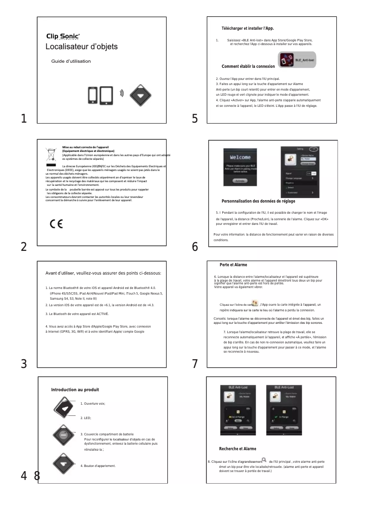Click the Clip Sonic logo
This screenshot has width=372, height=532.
(63, 36)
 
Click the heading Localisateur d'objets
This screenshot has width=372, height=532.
(81, 47)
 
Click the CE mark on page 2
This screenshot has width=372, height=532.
(56, 224)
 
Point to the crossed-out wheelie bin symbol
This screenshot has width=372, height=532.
(51, 154)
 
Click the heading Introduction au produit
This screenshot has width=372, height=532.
(75, 389)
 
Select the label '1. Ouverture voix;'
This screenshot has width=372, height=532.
(93, 404)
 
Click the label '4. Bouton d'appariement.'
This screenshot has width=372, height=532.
(98, 465)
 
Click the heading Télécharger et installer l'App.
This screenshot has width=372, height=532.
(248, 29)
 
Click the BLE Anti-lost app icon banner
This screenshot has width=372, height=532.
(297, 60)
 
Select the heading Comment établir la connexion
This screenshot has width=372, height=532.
(248, 66)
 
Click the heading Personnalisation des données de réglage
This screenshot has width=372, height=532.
(258, 201)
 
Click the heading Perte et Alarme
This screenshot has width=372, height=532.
(233, 265)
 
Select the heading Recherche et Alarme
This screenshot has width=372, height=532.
(237, 449)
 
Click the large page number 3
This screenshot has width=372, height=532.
(23, 364)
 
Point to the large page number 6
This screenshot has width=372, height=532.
(195, 247)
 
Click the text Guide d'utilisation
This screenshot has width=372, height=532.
(71, 61)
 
